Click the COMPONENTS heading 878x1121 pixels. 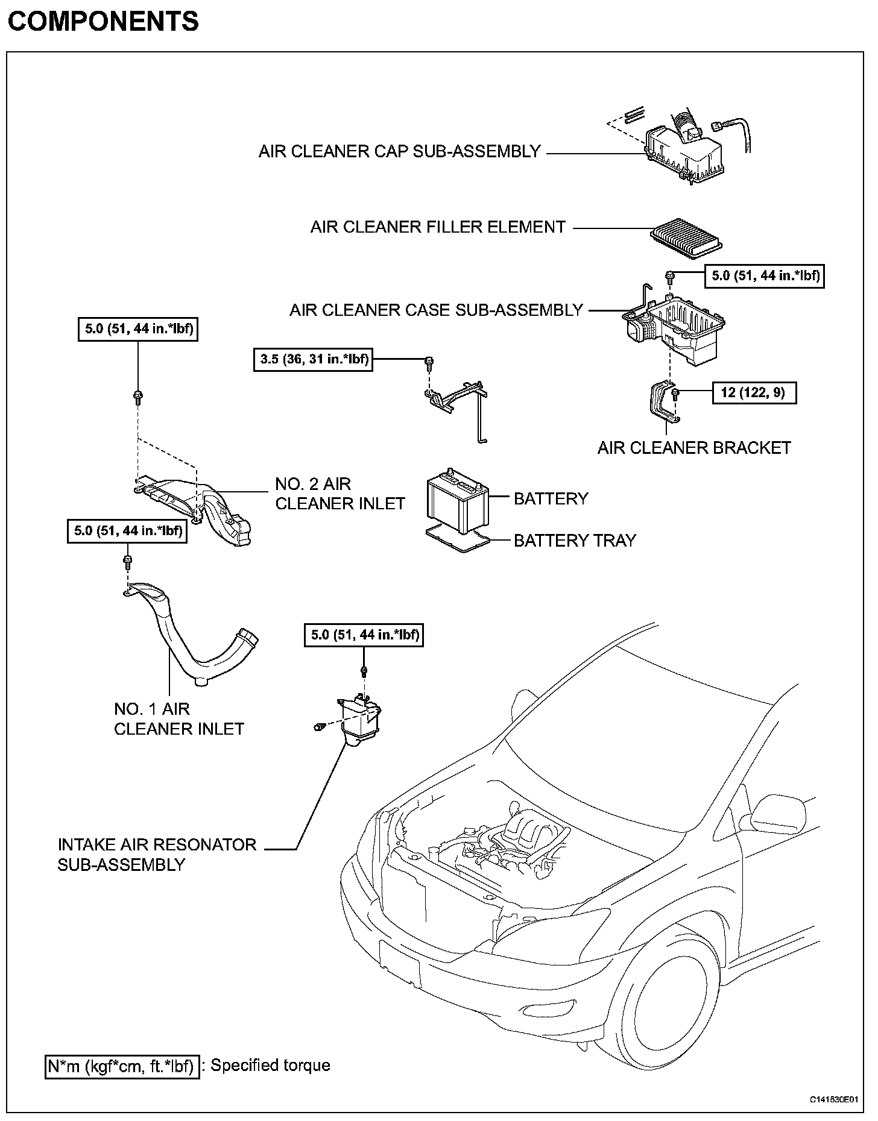coord(103,22)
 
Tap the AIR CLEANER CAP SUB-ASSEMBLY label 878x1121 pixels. coord(399,151)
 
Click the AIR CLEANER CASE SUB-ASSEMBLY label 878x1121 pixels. coord(436,310)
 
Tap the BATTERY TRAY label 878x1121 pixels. coord(575,541)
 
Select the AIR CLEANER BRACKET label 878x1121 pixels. coord(693,448)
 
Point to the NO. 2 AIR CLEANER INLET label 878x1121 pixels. coord(340,494)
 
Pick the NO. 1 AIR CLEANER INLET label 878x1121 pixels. coord(178,719)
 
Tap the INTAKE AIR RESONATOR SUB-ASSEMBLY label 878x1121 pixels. coord(157,855)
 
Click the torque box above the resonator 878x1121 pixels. coord(364,635)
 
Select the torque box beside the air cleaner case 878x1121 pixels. coord(765,276)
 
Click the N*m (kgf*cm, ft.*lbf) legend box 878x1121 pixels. coord(122,1066)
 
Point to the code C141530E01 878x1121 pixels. coord(833,1099)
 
